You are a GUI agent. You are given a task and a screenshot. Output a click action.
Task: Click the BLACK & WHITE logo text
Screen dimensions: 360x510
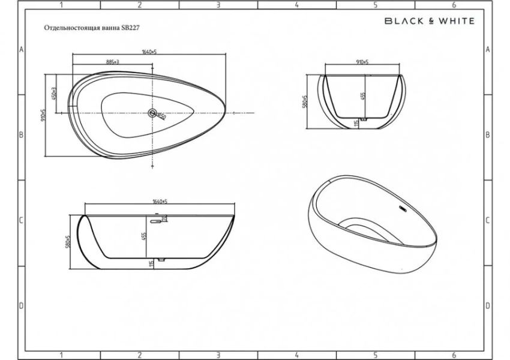coord(429,20)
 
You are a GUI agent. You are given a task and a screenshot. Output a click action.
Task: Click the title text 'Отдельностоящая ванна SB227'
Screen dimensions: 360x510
coord(92,28)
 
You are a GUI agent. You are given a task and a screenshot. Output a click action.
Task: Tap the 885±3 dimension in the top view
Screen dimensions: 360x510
coord(112,62)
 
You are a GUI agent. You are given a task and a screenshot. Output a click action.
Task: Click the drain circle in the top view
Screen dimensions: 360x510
coord(152,113)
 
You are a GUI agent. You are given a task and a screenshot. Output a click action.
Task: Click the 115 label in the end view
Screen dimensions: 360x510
coord(356,122)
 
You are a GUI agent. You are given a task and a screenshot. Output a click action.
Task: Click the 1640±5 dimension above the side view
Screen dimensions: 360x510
coord(158,202)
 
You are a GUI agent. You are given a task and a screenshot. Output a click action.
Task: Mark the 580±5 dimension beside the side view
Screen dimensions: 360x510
coord(68,242)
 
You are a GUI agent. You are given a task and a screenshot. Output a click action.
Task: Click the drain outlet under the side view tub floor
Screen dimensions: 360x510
coord(161,260)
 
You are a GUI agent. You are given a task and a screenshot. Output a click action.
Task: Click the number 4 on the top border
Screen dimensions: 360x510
coord(296,5)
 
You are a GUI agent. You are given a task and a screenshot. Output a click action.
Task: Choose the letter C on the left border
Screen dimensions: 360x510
coord(21,220)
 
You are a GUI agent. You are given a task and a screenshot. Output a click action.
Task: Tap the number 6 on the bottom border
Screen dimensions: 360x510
coord(454,355)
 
